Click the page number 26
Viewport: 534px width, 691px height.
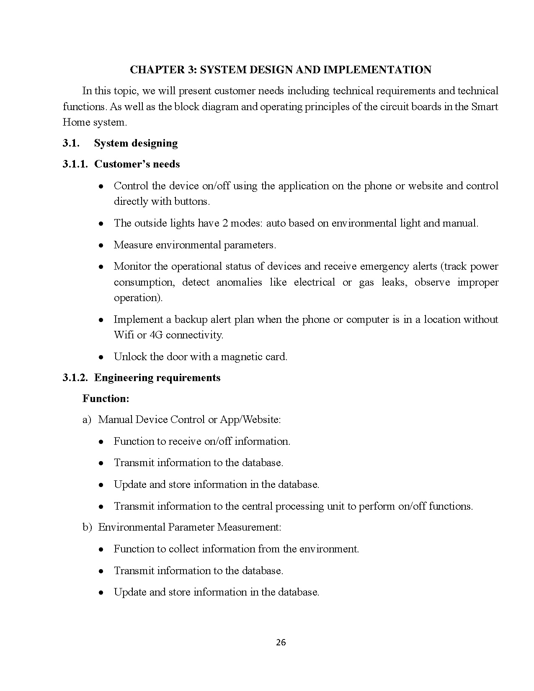coord(281,642)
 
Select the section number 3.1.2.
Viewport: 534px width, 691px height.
coord(75,378)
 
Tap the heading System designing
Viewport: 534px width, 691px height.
coord(136,143)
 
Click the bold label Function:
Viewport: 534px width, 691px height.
coord(106,399)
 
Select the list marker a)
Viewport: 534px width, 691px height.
coord(87,420)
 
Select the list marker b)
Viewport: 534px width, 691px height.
coord(87,527)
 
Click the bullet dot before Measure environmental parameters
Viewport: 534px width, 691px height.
coord(101,245)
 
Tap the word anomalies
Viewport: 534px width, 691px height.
coord(239,282)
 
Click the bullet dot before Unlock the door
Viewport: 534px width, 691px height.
coord(101,357)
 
